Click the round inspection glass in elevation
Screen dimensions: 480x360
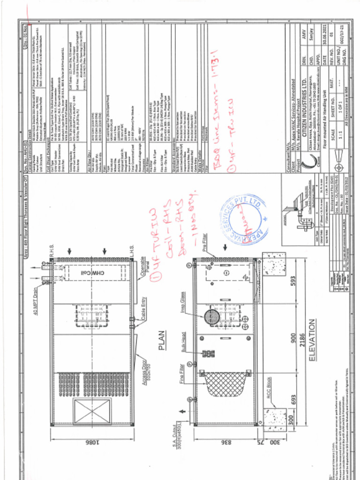(212, 317)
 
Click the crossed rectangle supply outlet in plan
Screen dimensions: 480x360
(92, 412)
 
